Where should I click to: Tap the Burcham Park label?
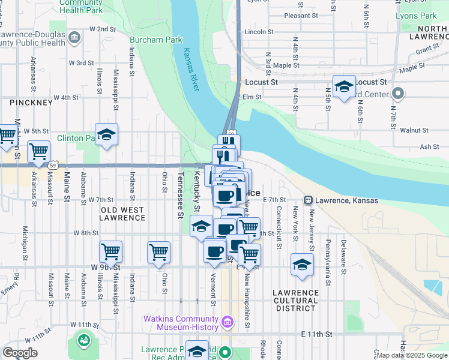[155, 40]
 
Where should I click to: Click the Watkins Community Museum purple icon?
[227, 323]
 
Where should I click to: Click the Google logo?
[20, 353]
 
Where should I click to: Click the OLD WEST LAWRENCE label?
[122, 214]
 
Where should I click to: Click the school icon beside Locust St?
[345, 87]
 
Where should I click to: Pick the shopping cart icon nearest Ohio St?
[159, 252]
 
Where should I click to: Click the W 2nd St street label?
[102, 29]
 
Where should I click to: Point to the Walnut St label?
[414, 130]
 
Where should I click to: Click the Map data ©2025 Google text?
[412, 355]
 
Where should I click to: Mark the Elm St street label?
[251, 97]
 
